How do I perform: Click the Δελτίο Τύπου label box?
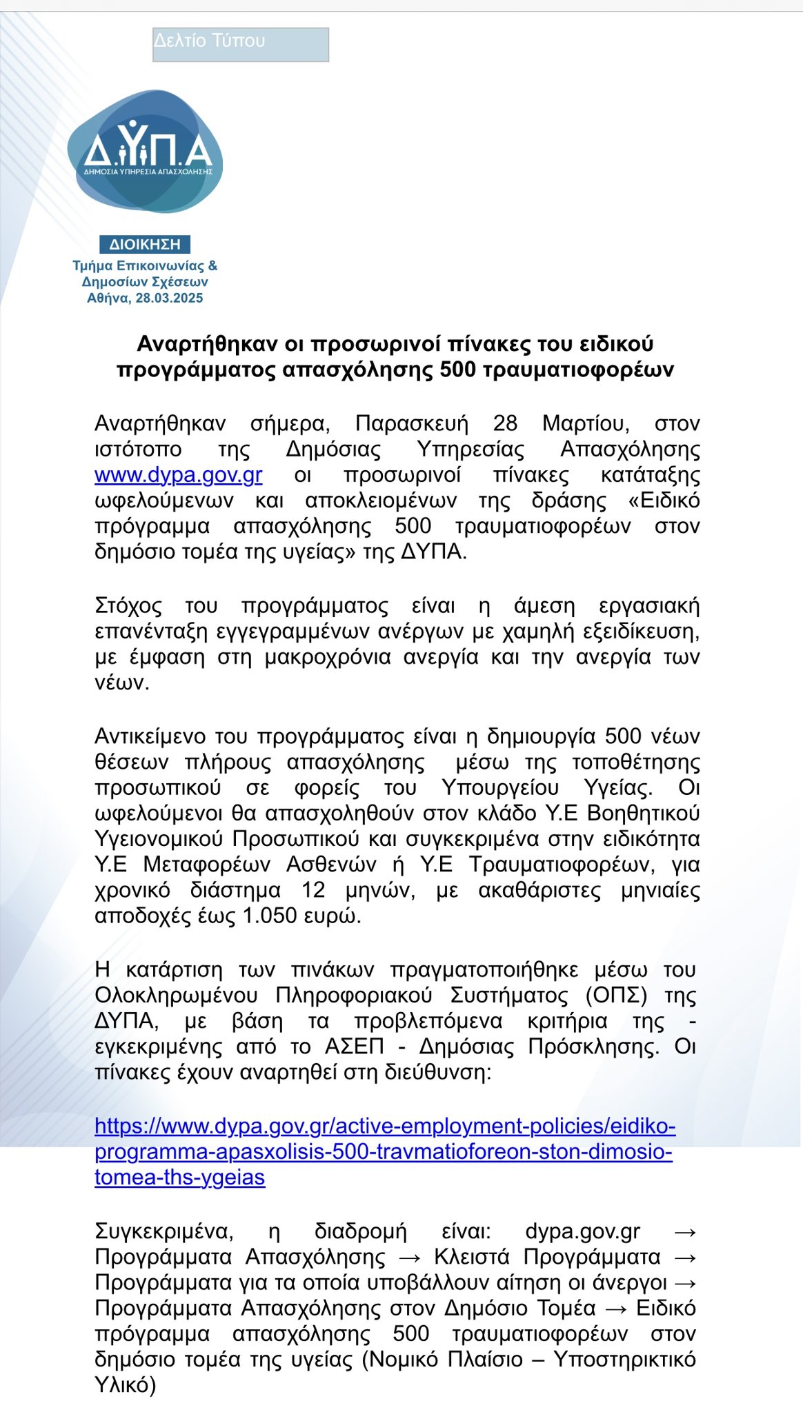240,45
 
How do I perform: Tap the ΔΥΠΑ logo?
146,151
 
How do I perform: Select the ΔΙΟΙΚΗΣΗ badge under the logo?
145,245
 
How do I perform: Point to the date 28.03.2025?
169,299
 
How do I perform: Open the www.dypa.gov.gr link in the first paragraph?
178,476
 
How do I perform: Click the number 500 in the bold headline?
458,370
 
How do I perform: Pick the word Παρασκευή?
412,423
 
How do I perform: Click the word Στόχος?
128,607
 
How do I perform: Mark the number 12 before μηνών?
313,890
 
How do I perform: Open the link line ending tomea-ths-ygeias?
179,1178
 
